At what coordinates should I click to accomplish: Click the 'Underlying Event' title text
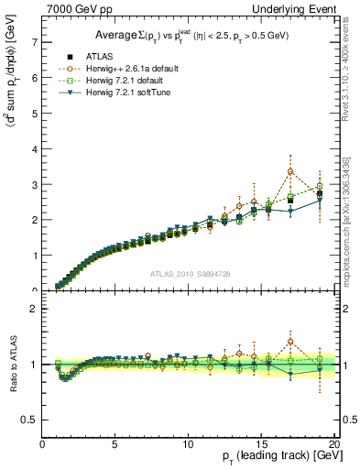(x=298, y=8)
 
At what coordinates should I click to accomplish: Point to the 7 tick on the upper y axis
(x=34, y=42)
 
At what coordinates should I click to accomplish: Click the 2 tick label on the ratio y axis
(x=34, y=309)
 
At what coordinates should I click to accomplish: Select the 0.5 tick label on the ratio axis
(x=30, y=420)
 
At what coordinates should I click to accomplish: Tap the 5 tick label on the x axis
(x=115, y=444)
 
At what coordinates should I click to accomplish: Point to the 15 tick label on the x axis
(x=260, y=444)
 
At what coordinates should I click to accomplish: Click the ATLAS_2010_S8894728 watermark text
(x=190, y=273)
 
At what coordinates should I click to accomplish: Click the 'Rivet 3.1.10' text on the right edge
(x=353, y=64)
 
